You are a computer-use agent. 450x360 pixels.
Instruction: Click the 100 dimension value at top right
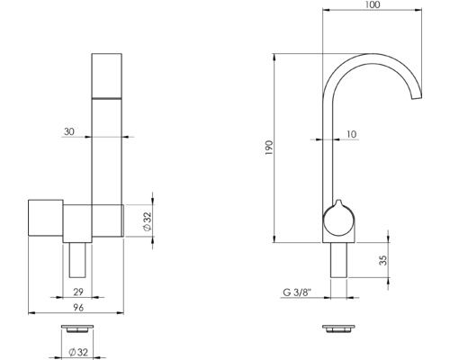pos(373,4)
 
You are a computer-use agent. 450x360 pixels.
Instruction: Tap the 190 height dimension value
pos(269,148)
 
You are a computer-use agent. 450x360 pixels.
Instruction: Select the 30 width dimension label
pos(69,131)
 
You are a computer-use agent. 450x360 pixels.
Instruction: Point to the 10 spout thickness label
pos(352,134)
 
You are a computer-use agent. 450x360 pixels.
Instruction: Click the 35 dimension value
pos(383,260)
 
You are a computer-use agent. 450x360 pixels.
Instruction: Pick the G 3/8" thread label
pos(298,292)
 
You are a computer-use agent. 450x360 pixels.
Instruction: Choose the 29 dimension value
pos(78,292)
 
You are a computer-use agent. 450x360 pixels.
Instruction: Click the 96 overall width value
pos(78,308)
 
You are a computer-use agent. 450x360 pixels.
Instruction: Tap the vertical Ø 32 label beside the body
pos(148,221)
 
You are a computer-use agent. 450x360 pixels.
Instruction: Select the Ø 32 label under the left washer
pos(78,352)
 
